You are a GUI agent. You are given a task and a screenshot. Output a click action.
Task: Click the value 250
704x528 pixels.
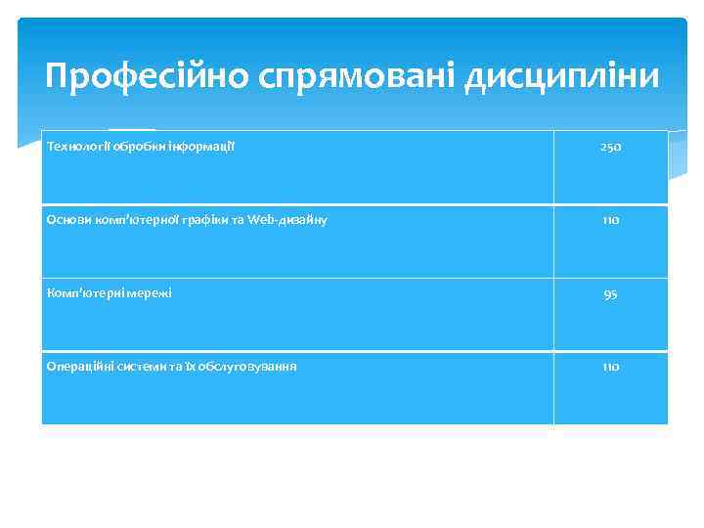610,148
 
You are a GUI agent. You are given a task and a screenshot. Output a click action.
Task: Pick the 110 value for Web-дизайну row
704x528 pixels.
610,221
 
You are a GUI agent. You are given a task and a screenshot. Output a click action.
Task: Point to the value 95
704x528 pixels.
610,294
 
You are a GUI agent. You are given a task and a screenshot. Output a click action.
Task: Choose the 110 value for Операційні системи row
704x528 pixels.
610,367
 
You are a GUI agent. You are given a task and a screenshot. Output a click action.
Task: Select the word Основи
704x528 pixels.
66,220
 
